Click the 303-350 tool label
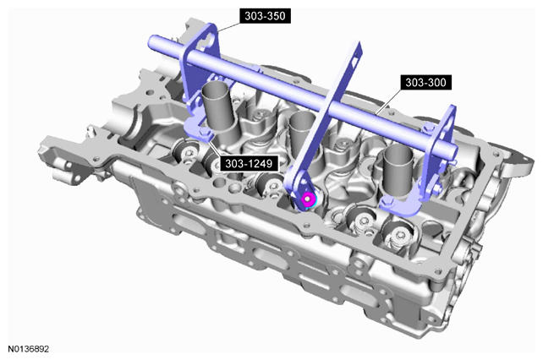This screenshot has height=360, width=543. point(265,16)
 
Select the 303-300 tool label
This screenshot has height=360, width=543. point(425,82)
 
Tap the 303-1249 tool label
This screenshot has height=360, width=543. point(249,163)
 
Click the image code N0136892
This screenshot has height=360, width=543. point(29,348)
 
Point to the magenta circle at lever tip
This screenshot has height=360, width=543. point(308,199)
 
